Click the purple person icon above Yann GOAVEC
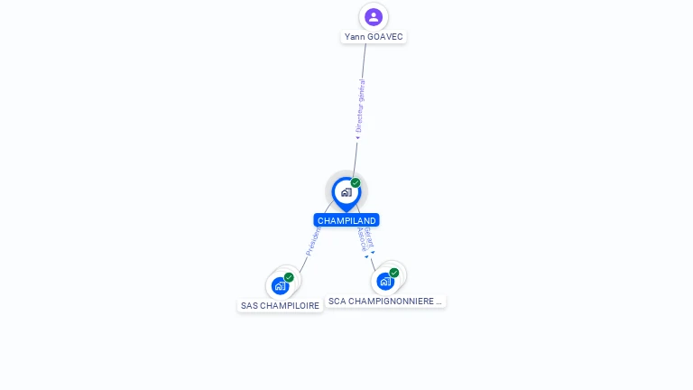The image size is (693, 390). click(374, 16)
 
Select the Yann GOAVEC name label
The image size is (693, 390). click(374, 37)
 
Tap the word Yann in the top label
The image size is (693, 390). click(354, 37)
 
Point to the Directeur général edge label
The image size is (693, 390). click(360, 107)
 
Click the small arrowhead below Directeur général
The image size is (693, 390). click(357, 138)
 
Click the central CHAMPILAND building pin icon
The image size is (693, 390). click(346, 192)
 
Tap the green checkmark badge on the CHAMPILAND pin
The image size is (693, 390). click(356, 183)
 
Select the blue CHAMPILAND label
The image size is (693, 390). click(346, 220)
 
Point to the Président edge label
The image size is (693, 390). click(312, 241)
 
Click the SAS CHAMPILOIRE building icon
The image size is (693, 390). click(281, 285)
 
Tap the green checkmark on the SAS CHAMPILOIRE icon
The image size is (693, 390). click(289, 277)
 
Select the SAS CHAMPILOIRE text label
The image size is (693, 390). click(280, 305)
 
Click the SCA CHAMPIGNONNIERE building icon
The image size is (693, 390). click(386, 281)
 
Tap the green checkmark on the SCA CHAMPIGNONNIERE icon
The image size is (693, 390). click(394, 273)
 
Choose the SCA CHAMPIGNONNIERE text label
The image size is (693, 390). click(385, 301)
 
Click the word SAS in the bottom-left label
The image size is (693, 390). click(249, 305)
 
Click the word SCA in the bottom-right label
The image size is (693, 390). click(337, 301)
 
